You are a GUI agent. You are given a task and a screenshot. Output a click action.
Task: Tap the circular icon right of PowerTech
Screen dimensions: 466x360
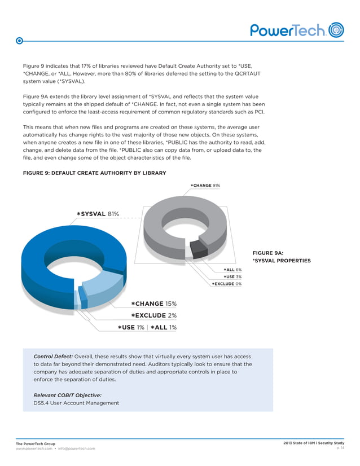pyautogui.click(x=336, y=30)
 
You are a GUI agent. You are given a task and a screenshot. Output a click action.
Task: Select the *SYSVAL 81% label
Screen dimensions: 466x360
pyautogui.click(x=98, y=214)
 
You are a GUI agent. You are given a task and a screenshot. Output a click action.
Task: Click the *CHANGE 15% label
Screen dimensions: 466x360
pyautogui.click(x=153, y=304)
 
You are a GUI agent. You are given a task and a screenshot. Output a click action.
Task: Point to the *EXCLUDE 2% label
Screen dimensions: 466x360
pyautogui.click(x=153, y=315)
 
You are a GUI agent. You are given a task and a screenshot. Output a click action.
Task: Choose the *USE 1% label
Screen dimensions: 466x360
pyautogui.click(x=130, y=327)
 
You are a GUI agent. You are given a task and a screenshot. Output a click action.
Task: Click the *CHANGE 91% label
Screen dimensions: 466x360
pyautogui.click(x=205, y=185)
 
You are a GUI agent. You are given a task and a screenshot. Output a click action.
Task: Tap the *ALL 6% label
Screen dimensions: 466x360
pyautogui.click(x=232, y=270)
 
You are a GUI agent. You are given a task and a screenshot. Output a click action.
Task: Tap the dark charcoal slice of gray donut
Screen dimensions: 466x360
pyautogui.click(x=199, y=249)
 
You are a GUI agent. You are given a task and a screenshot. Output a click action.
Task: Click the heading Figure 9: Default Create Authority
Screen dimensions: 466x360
pyautogui.click(x=94, y=173)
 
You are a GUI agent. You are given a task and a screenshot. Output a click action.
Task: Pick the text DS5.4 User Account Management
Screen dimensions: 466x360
pyautogui.click(x=76, y=403)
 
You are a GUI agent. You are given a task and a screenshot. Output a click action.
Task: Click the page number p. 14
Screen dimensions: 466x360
pyautogui.click(x=340, y=448)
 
